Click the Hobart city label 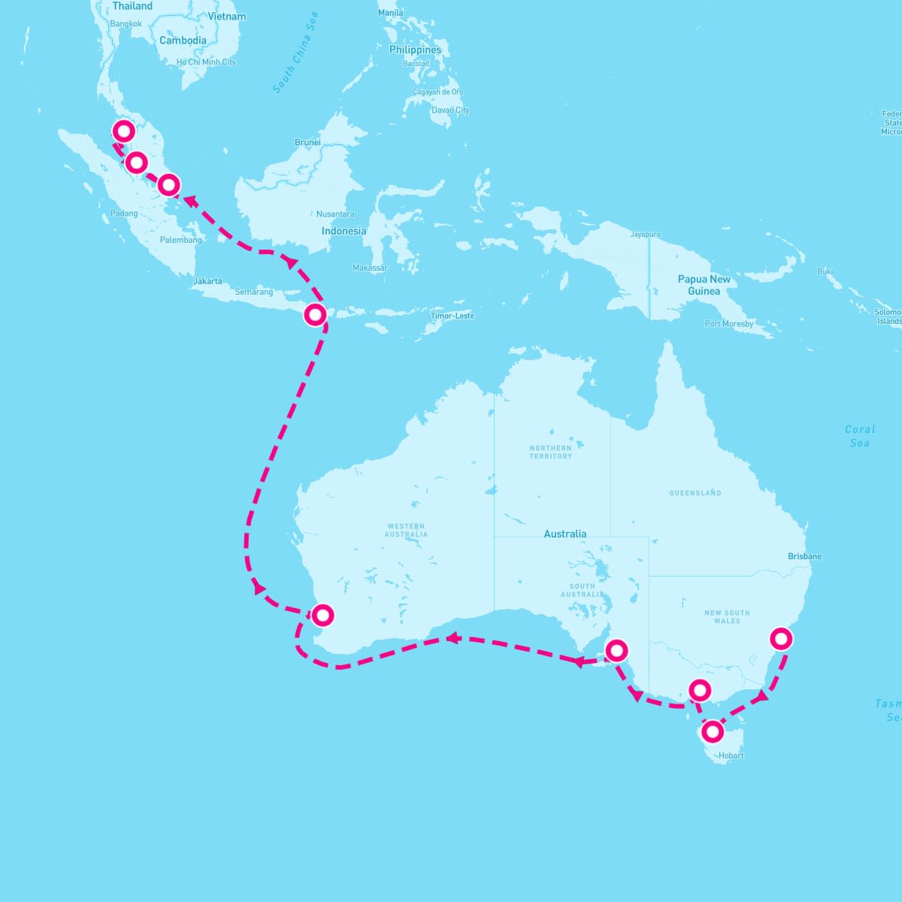(731, 755)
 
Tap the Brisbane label (804, 556)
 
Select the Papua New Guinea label (704, 285)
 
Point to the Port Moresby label (728, 324)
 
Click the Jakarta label (207, 281)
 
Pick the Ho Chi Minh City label (206, 62)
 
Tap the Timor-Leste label (453, 316)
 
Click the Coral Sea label (860, 436)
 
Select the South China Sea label (295, 53)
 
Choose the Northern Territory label (550, 452)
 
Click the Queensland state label (695, 493)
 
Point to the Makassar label (370, 268)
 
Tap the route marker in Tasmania (712, 731)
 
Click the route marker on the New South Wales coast (782, 639)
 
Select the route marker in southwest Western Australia (322, 616)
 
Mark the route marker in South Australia (616, 650)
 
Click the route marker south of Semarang (316, 314)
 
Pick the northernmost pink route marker (124, 132)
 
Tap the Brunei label (307, 142)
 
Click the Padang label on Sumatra (124, 213)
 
